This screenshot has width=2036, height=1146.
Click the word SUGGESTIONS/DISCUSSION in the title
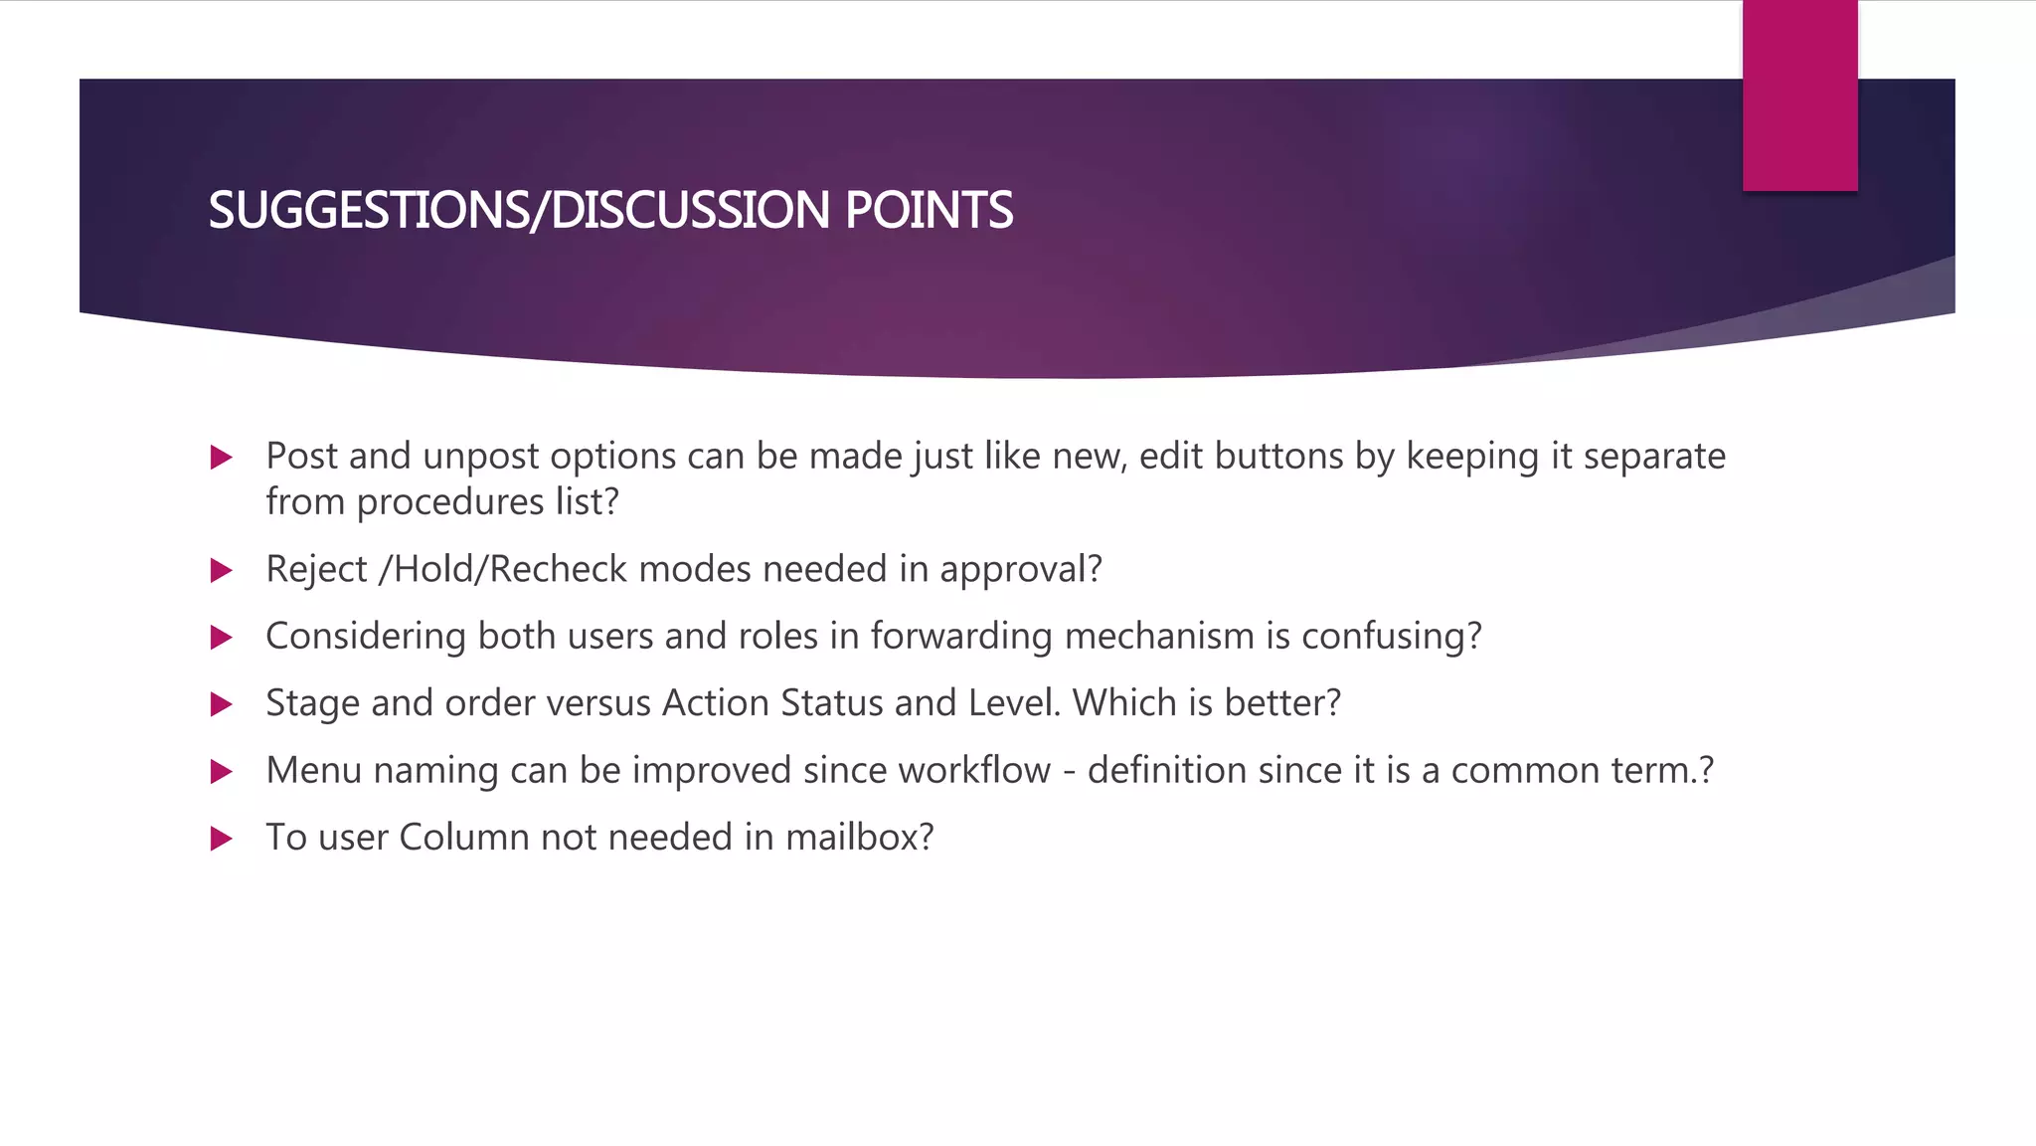518,211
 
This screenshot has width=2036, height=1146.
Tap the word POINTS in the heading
929,211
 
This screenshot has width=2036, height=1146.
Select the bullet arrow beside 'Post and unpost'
222,458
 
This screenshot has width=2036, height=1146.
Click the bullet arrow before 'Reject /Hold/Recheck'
222,571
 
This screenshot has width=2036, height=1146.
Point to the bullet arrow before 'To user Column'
222,839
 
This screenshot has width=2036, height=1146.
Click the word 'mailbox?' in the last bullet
859,838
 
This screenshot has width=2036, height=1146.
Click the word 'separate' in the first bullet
1654,457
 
